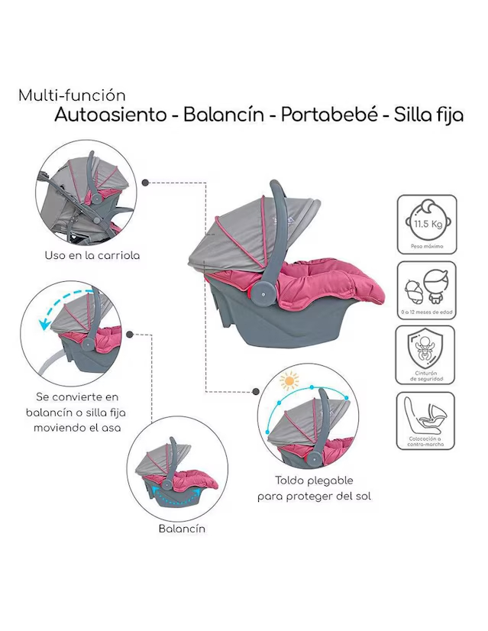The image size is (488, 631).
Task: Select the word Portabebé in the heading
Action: point(328,115)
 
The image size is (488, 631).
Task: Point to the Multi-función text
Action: point(72,96)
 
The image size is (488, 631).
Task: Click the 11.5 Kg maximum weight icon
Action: point(426,224)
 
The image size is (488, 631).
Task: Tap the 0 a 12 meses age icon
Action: point(426,290)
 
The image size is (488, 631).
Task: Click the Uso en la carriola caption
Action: point(92,256)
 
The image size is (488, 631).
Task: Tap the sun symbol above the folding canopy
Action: point(289,380)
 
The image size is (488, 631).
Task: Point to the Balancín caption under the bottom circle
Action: point(182,528)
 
